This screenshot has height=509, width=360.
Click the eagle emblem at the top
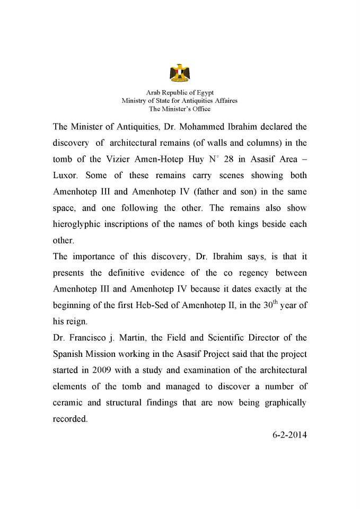click(x=180, y=74)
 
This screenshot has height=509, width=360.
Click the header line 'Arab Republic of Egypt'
click(x=180, y=92)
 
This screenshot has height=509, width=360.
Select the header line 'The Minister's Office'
click(x=180, y=109)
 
